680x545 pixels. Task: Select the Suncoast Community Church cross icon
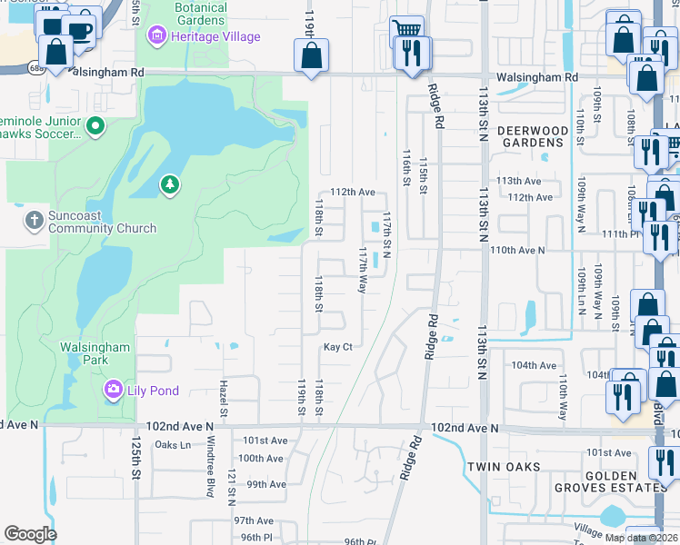[34, 220]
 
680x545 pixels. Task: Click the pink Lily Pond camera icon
[114, 390]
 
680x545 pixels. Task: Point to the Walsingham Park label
[95, 353]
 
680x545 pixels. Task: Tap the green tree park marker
[170, 185]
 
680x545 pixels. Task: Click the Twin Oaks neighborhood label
[504, 466]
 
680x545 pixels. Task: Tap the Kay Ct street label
[337, 348]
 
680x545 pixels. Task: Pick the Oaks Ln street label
[173, 444]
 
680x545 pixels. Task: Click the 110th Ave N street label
[516, 249]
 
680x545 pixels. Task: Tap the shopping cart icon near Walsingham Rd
[406, 31]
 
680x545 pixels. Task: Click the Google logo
[30, 534]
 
